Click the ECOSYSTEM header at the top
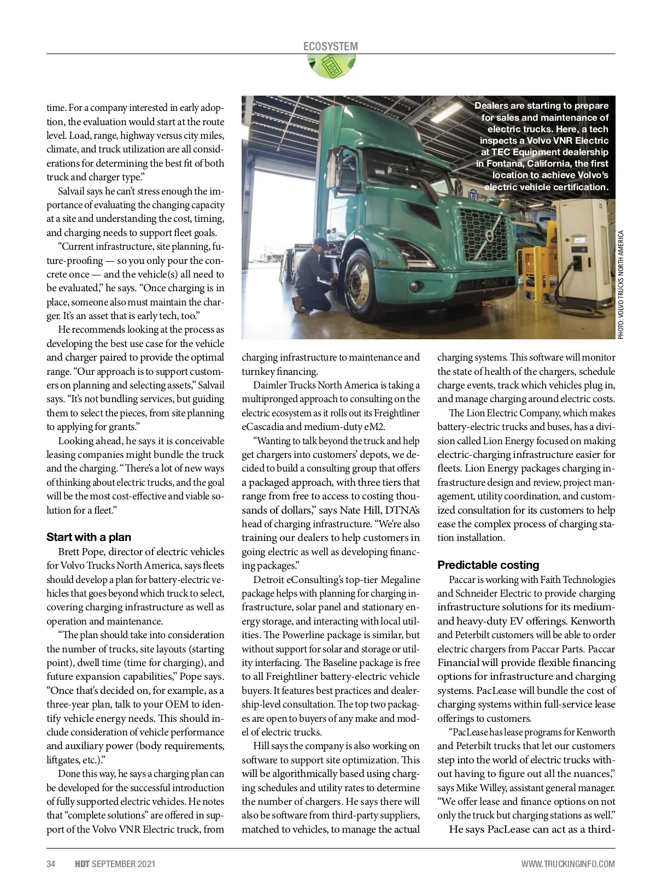coord(330,46)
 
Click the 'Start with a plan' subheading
coord(89,537)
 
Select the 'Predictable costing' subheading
coord(488,565)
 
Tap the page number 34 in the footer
coord(51,864)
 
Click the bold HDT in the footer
coord(82,864)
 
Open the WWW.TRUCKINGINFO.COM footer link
coord(568,864)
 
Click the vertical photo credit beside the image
coord(620,284)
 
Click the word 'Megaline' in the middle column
coord(400,580)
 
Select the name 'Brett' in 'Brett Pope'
coord(68,552)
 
